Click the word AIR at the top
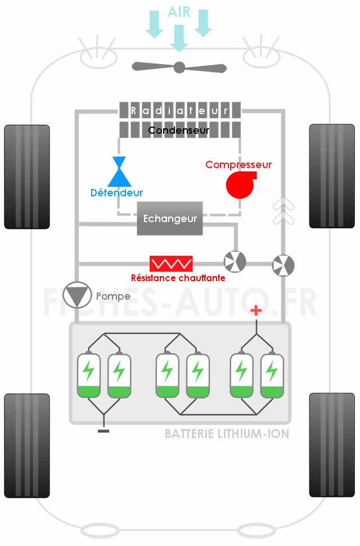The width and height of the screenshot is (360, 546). click(179, 12)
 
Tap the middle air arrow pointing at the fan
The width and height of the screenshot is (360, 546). click(179, 38)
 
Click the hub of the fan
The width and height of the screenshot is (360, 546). click(179, 67)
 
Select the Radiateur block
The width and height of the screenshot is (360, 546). click(180, 110)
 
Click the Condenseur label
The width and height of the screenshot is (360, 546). click(179, 130)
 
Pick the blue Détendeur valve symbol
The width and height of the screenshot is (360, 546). click(120, 172)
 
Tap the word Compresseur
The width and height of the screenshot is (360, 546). click(238, 165)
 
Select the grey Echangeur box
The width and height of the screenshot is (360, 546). click(170, 218)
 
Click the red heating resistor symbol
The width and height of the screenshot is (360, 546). click(171, 264)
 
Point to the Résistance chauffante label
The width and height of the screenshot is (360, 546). click(178, 278)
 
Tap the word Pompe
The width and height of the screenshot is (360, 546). click(113, 296)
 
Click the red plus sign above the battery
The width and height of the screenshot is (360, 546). click(256, 310)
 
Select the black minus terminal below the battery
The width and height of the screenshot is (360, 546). click(103, 431)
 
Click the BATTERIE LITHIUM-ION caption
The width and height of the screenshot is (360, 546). click(227, 434)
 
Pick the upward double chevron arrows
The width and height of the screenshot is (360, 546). click(283, 210)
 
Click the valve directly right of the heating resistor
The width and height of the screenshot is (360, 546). click(235, 261)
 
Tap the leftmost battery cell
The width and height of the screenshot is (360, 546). click(89, 375)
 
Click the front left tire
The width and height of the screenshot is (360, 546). click(27, 177)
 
